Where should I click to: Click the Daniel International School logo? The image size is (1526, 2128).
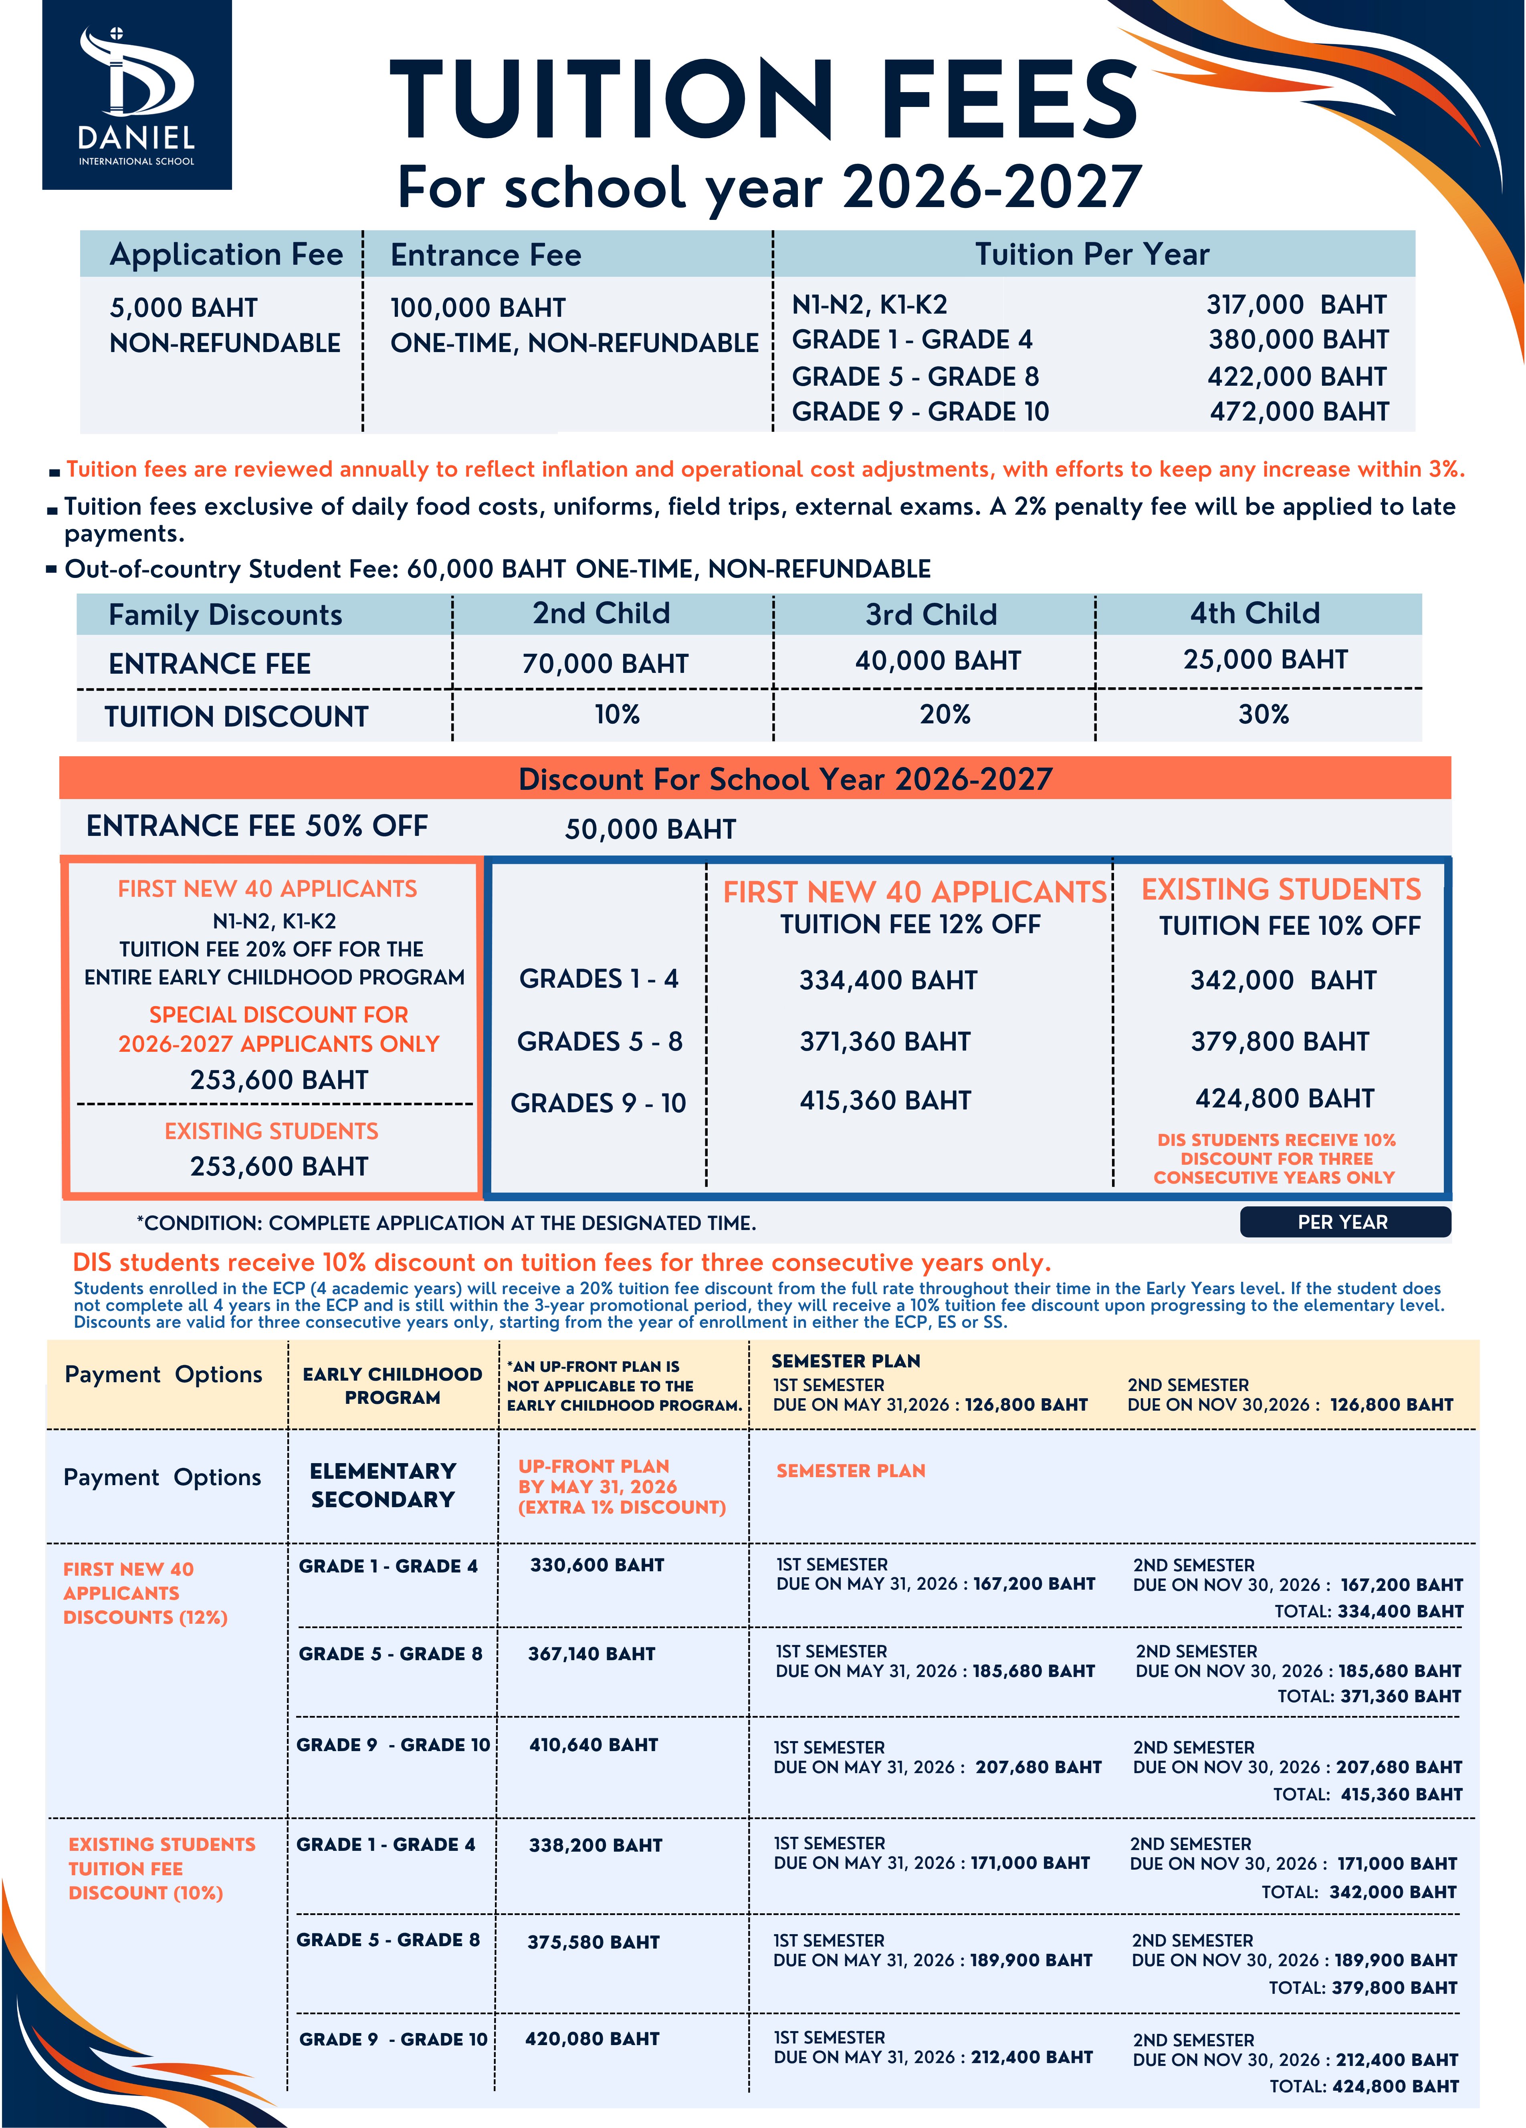click(x=137, y=96)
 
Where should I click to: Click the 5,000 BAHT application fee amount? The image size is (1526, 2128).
click(x=184, y=308)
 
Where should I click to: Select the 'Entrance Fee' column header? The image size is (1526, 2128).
click(x=486, y=255)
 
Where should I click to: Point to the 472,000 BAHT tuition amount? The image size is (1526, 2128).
click(x=1299, y=412)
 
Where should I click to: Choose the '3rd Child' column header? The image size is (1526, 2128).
click(x=931, y=614)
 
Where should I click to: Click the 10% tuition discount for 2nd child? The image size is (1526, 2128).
click(x=617, y=715)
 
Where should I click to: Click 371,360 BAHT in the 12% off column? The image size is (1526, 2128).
click(x=885, y=1041)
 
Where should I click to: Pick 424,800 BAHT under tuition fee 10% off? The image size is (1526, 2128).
click(x=1284, y=1099)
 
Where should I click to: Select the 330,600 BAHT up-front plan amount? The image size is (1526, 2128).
click(x=597, y=1565)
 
